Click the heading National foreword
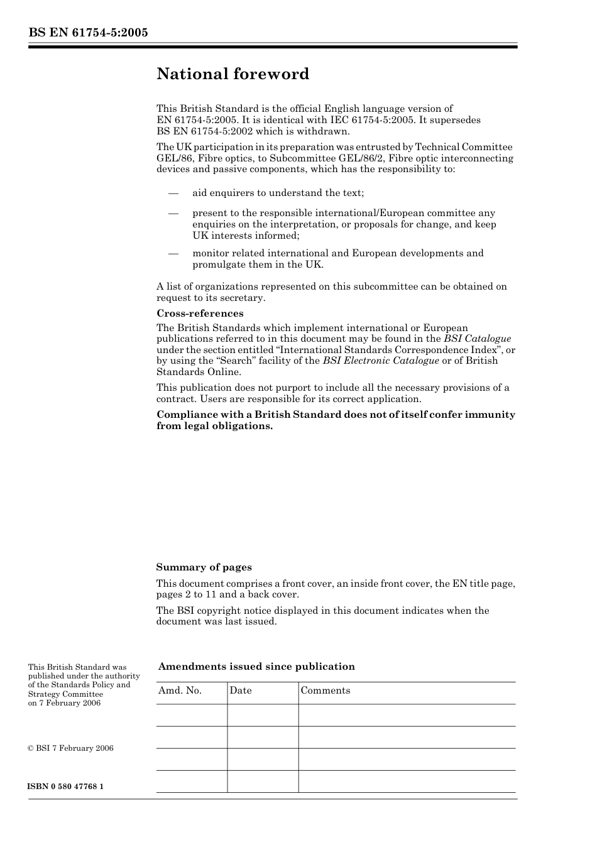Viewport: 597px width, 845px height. tap(233, 74)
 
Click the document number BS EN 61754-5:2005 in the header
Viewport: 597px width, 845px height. tap(88, 33)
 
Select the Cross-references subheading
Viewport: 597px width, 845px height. tap(200, 313)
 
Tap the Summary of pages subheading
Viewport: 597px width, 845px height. tap(204, 567)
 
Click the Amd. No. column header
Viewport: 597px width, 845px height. tap(180, 690)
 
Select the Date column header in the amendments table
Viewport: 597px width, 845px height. tap(240, 690)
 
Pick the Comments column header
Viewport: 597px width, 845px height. tap(325, 690)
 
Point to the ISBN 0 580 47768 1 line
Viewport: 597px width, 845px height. tap(66, 787)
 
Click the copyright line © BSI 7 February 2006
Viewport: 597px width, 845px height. tap(70, 748)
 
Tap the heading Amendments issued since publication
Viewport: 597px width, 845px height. tap(256, 667)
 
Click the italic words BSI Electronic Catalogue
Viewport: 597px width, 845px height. tap(381, 361)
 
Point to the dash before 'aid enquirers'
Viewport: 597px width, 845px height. tap(173, 193)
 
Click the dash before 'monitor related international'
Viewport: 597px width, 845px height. tap(173, 253)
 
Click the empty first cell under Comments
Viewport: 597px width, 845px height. tap(407, 715)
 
